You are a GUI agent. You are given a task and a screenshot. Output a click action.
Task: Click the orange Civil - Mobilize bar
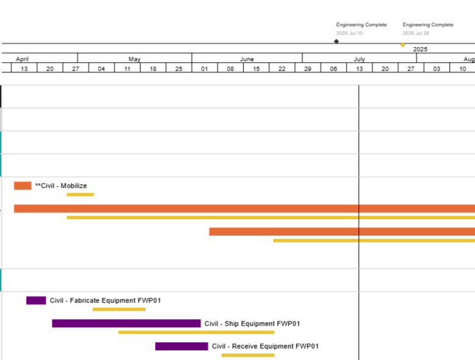coord(23,185)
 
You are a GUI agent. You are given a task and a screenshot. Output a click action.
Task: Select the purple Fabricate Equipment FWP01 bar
coord(36,300)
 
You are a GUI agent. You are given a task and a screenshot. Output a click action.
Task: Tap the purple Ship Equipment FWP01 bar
coord(126,323)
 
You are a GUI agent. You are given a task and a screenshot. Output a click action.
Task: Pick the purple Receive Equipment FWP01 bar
coord(181,346)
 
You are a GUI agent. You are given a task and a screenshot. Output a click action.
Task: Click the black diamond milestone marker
coord(336,41)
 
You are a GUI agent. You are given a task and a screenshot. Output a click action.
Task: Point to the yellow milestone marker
coord(402,45)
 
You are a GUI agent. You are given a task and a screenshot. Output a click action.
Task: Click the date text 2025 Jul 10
coord(349,33)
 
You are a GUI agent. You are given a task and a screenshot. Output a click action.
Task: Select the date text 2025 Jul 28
coord(416,33)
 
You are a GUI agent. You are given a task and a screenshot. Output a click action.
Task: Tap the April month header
coord(23,59)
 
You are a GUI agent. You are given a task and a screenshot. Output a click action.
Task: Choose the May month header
coord(134,59)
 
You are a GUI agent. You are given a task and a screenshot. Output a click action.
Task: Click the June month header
coord(247,59)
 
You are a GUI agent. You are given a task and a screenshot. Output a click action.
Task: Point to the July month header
coord(359,59)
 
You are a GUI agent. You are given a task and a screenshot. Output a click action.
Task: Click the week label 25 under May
coord(179,69)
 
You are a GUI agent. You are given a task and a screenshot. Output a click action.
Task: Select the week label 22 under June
coord(282,69)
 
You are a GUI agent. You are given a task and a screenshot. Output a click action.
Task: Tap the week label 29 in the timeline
coord(308,69)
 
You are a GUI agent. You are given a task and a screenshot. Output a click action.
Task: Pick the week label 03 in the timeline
coord(437,69)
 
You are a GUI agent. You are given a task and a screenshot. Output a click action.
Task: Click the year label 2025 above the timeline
coord(420,49)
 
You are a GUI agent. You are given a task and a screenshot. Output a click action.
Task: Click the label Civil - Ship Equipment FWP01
coord(252,323)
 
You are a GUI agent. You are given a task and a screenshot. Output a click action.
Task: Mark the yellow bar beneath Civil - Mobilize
coord(80,195)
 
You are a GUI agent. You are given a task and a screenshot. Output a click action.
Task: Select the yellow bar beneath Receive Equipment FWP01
coord(248,355)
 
